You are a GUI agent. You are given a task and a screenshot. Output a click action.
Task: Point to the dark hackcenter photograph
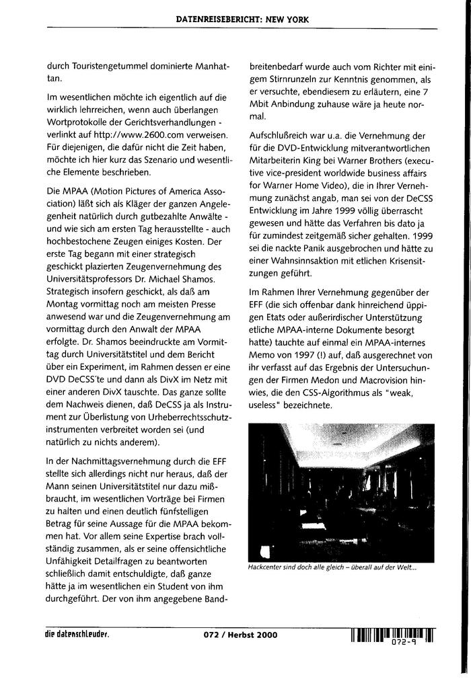point(341,491)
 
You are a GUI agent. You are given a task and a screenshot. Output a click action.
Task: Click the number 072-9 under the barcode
point(405,643)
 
